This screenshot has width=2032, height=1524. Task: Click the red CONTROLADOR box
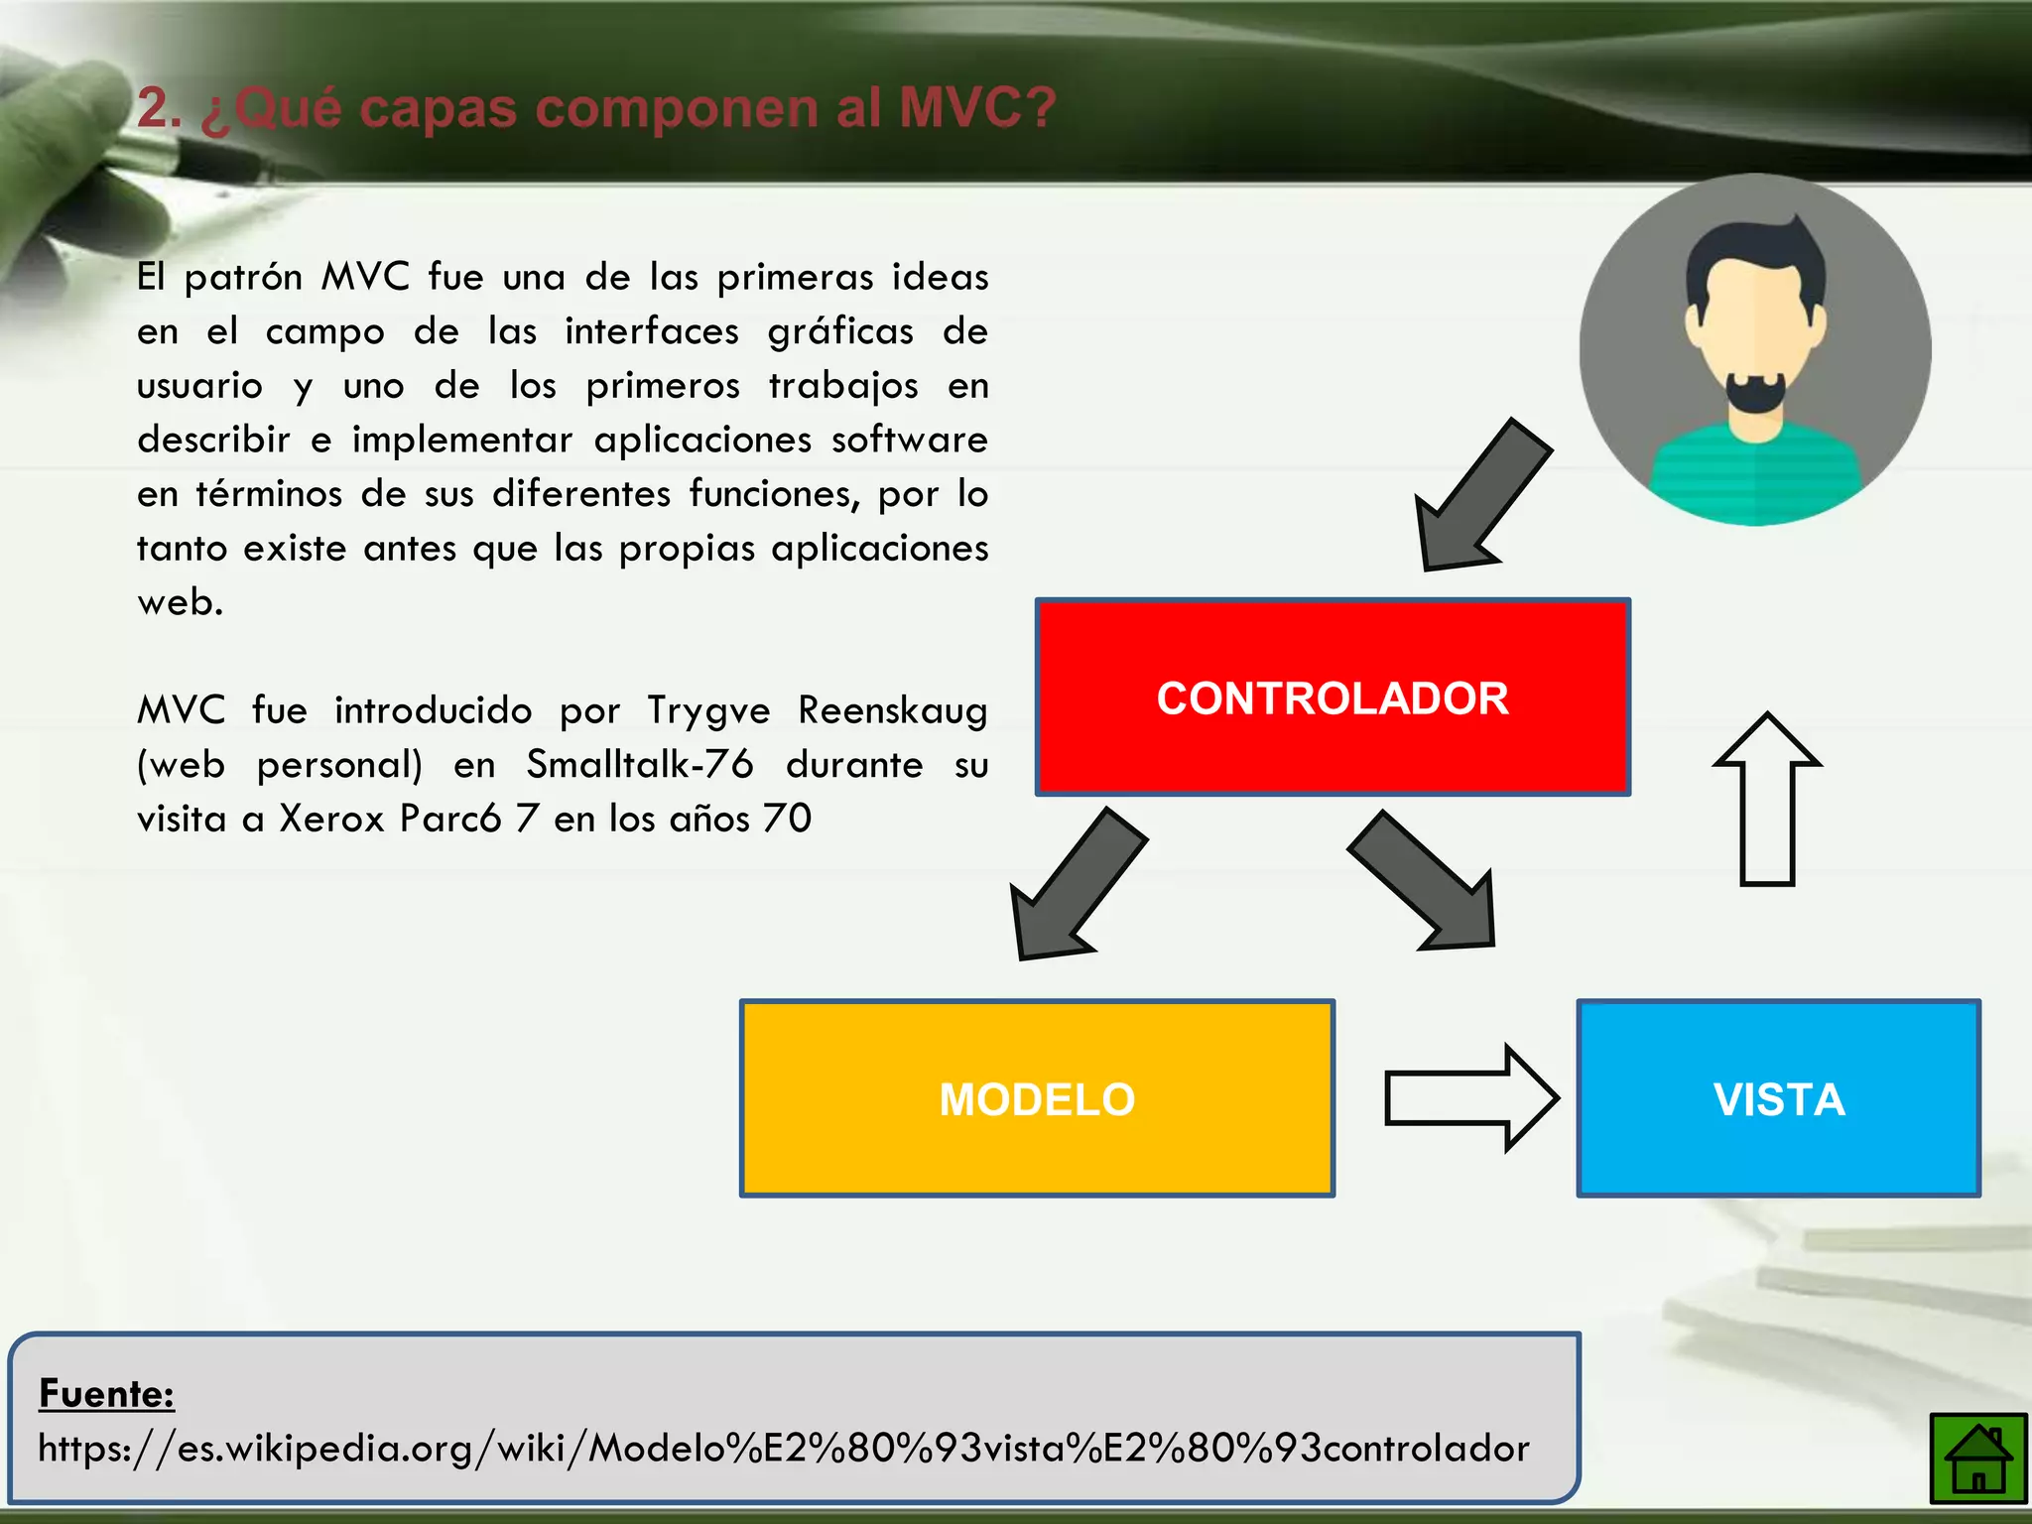(x=1333, y=697)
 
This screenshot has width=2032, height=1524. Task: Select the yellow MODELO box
(x=1037, y=1098)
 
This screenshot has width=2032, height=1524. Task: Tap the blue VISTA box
(x=1778, y=1098)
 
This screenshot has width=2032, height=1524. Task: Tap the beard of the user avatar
(x=1755, y=397)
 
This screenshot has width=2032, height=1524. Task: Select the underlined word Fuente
(x=106, y=1394)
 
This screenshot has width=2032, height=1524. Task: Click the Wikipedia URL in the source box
(x=783, y=1449)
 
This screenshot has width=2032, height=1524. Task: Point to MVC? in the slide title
(x=977, y=108)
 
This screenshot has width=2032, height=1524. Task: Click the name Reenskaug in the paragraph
(x=892, y=710)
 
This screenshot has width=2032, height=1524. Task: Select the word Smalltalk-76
(x=640, y=765)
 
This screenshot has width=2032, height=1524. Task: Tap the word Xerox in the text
(x=331, y=819)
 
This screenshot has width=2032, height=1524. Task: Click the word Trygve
(x=708, y=710)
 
